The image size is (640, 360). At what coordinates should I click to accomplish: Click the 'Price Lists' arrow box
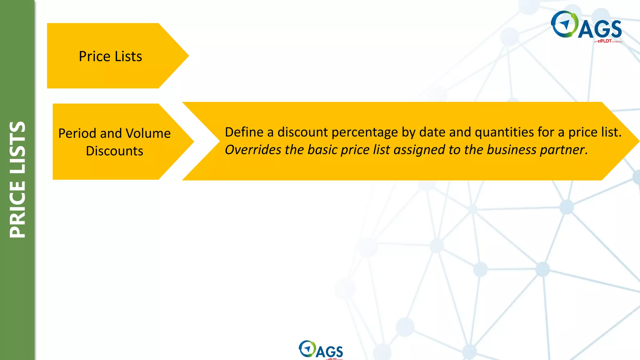pos(110,56)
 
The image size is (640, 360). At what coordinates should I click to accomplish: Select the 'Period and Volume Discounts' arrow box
pos(114,142)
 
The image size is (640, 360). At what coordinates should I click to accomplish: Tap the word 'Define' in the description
pos(244,132)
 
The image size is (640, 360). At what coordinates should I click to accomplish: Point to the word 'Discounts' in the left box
pos(114,151)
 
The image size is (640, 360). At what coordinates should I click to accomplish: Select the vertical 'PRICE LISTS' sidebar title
pos(17,180)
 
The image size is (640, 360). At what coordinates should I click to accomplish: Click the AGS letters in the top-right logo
pos(600,29)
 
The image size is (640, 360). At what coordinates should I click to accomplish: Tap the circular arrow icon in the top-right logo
pos(564,24)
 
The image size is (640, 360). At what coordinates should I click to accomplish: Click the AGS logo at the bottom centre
pos(321,349)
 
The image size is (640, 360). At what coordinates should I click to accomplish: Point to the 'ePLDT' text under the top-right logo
pos(604,41)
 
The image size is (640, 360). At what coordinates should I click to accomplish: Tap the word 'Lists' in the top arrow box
pos(128,57)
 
